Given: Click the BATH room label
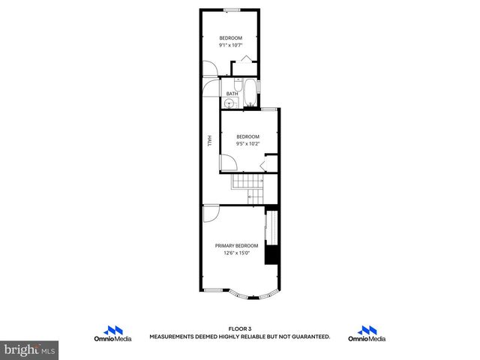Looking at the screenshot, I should coord(232,94).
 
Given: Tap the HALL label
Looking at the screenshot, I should coord(209,141).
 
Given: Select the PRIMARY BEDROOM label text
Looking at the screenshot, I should coord(236,246).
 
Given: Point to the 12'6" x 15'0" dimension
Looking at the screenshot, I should coord(236,253).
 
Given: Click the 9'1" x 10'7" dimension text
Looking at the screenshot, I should coord(230,45).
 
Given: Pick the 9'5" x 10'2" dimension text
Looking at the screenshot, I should coord(247,143).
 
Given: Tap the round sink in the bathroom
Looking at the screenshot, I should coord(229,103).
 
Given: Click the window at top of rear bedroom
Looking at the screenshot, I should coord(231,10).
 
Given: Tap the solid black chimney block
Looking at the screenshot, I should coord(274,254).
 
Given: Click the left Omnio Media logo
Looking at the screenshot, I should coord(113,334).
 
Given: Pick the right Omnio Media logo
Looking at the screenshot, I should coord(367,334).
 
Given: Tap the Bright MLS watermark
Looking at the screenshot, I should coord(30,349).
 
